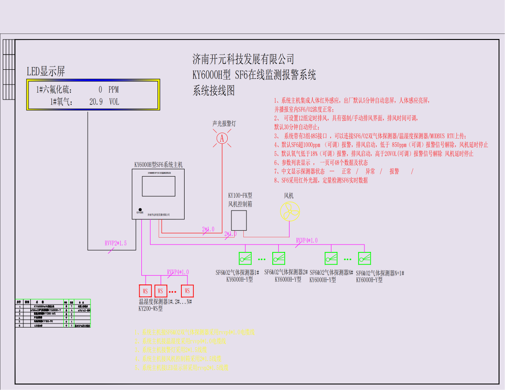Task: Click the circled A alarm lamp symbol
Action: pyautogui.click(x=222, y=138)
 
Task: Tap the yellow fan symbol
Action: pyautogui.click(x=290, y=211)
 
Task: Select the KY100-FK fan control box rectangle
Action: pyautogui.click(x=239, y=220)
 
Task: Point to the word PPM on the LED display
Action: pyautogui.click(x=113, y=90)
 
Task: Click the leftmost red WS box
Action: pyautogui.click(x=145, y=291)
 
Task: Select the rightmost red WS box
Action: pyautogui.click(x=187, y=291)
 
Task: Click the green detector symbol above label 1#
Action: pyautogui.click(x=245, y=258)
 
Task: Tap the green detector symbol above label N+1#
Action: pyautogui.click(x=365, y=258)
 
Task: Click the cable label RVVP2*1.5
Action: pyautogui.click(x=115, y=243)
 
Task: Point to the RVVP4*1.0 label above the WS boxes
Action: pyautogui.click(x=178, y=272)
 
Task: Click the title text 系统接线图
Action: pyautogui.click(x=213, y=90)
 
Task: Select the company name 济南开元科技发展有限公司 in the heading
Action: pyautogui.click(x=243, y=59)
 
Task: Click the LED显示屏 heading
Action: pyautogui.click(x=45, y=71)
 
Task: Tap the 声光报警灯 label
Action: pyautogui.click(x=224, y=123)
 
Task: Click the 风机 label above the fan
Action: pyautogui.click(x=289, y=195)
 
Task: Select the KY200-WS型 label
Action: pyautogui.click(x=151, y=309)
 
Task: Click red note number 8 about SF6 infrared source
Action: pyautogui.click(x=321, y=180)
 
